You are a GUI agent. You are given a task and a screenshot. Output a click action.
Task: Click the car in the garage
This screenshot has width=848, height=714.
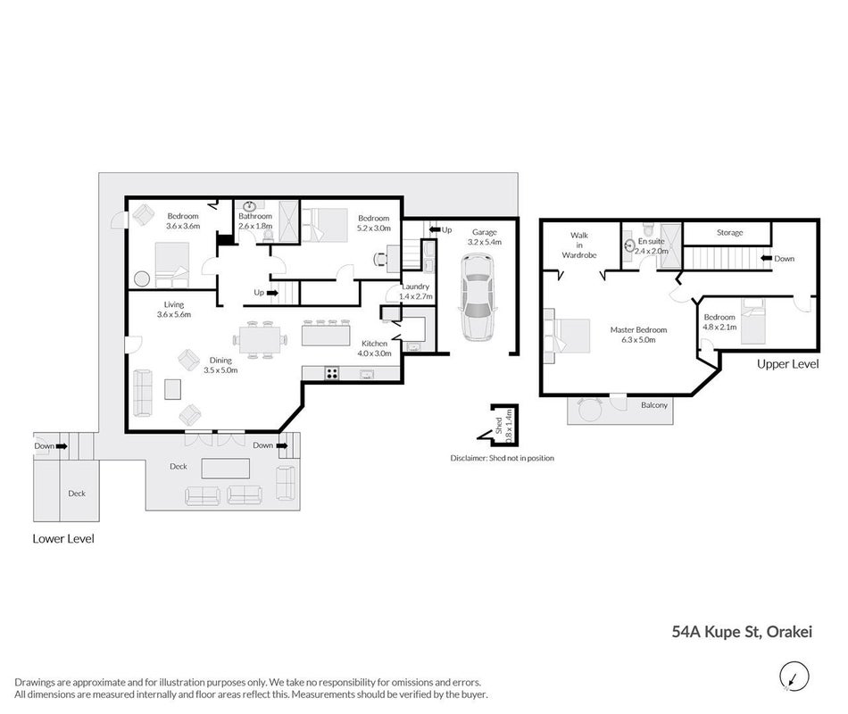point(477,299)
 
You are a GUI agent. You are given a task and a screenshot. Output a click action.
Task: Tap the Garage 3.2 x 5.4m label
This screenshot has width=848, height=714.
point(484,237)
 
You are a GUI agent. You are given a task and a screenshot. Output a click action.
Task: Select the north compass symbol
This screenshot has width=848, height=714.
point(794,677)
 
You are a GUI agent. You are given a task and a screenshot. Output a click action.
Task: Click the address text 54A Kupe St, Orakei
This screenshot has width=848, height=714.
point(742,632)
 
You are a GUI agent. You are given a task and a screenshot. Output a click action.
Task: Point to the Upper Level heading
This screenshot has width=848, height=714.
point(787,364)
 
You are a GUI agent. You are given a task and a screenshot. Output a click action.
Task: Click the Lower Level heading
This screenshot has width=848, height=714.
point(63,539)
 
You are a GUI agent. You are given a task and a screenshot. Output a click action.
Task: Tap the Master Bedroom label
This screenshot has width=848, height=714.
point(638,335)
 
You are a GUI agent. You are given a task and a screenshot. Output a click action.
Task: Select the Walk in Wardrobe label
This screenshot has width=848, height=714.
point(578,245)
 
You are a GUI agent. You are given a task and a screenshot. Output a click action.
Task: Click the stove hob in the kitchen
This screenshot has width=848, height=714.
point(331,373)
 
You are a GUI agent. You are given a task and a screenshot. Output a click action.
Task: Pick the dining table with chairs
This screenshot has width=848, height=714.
point(260,340)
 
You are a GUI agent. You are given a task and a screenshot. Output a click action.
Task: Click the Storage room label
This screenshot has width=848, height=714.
point(729,233)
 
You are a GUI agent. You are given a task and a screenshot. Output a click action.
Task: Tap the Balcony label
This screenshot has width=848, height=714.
point(653,405)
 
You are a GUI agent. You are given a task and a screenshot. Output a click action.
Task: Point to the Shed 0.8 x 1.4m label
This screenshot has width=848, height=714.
point(503,427)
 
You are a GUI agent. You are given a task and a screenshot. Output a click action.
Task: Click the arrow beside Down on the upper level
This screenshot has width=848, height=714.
point(766,259)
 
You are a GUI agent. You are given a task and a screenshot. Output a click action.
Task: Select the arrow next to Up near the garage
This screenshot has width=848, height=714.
point(435,230)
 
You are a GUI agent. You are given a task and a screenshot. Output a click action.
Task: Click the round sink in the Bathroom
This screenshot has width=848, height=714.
point(249,206)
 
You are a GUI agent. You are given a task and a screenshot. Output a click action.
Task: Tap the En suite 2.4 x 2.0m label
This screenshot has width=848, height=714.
point(651,246)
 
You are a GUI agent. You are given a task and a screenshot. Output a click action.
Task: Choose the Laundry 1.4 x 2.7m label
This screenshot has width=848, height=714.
point(416,292)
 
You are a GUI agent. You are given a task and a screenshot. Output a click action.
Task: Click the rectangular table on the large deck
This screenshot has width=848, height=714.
point(226,469)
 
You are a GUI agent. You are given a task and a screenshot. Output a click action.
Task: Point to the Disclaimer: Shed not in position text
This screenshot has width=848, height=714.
point(503,458)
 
